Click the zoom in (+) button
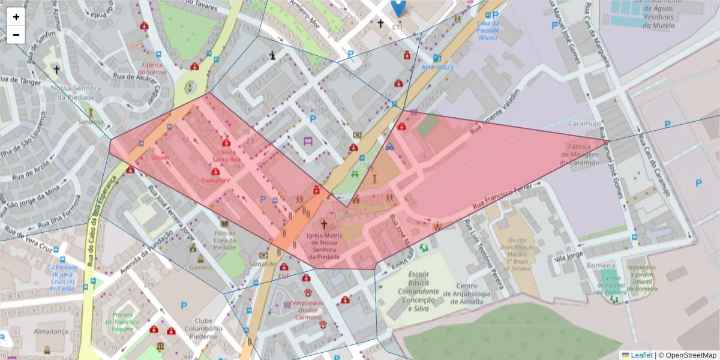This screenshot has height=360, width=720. coord(16,17)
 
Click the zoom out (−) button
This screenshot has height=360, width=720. coord(16,35)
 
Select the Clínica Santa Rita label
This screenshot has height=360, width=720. coord(226,156)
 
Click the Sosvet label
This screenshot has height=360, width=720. coord(160,158)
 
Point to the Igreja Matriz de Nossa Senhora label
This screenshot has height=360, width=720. coord(324,246)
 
